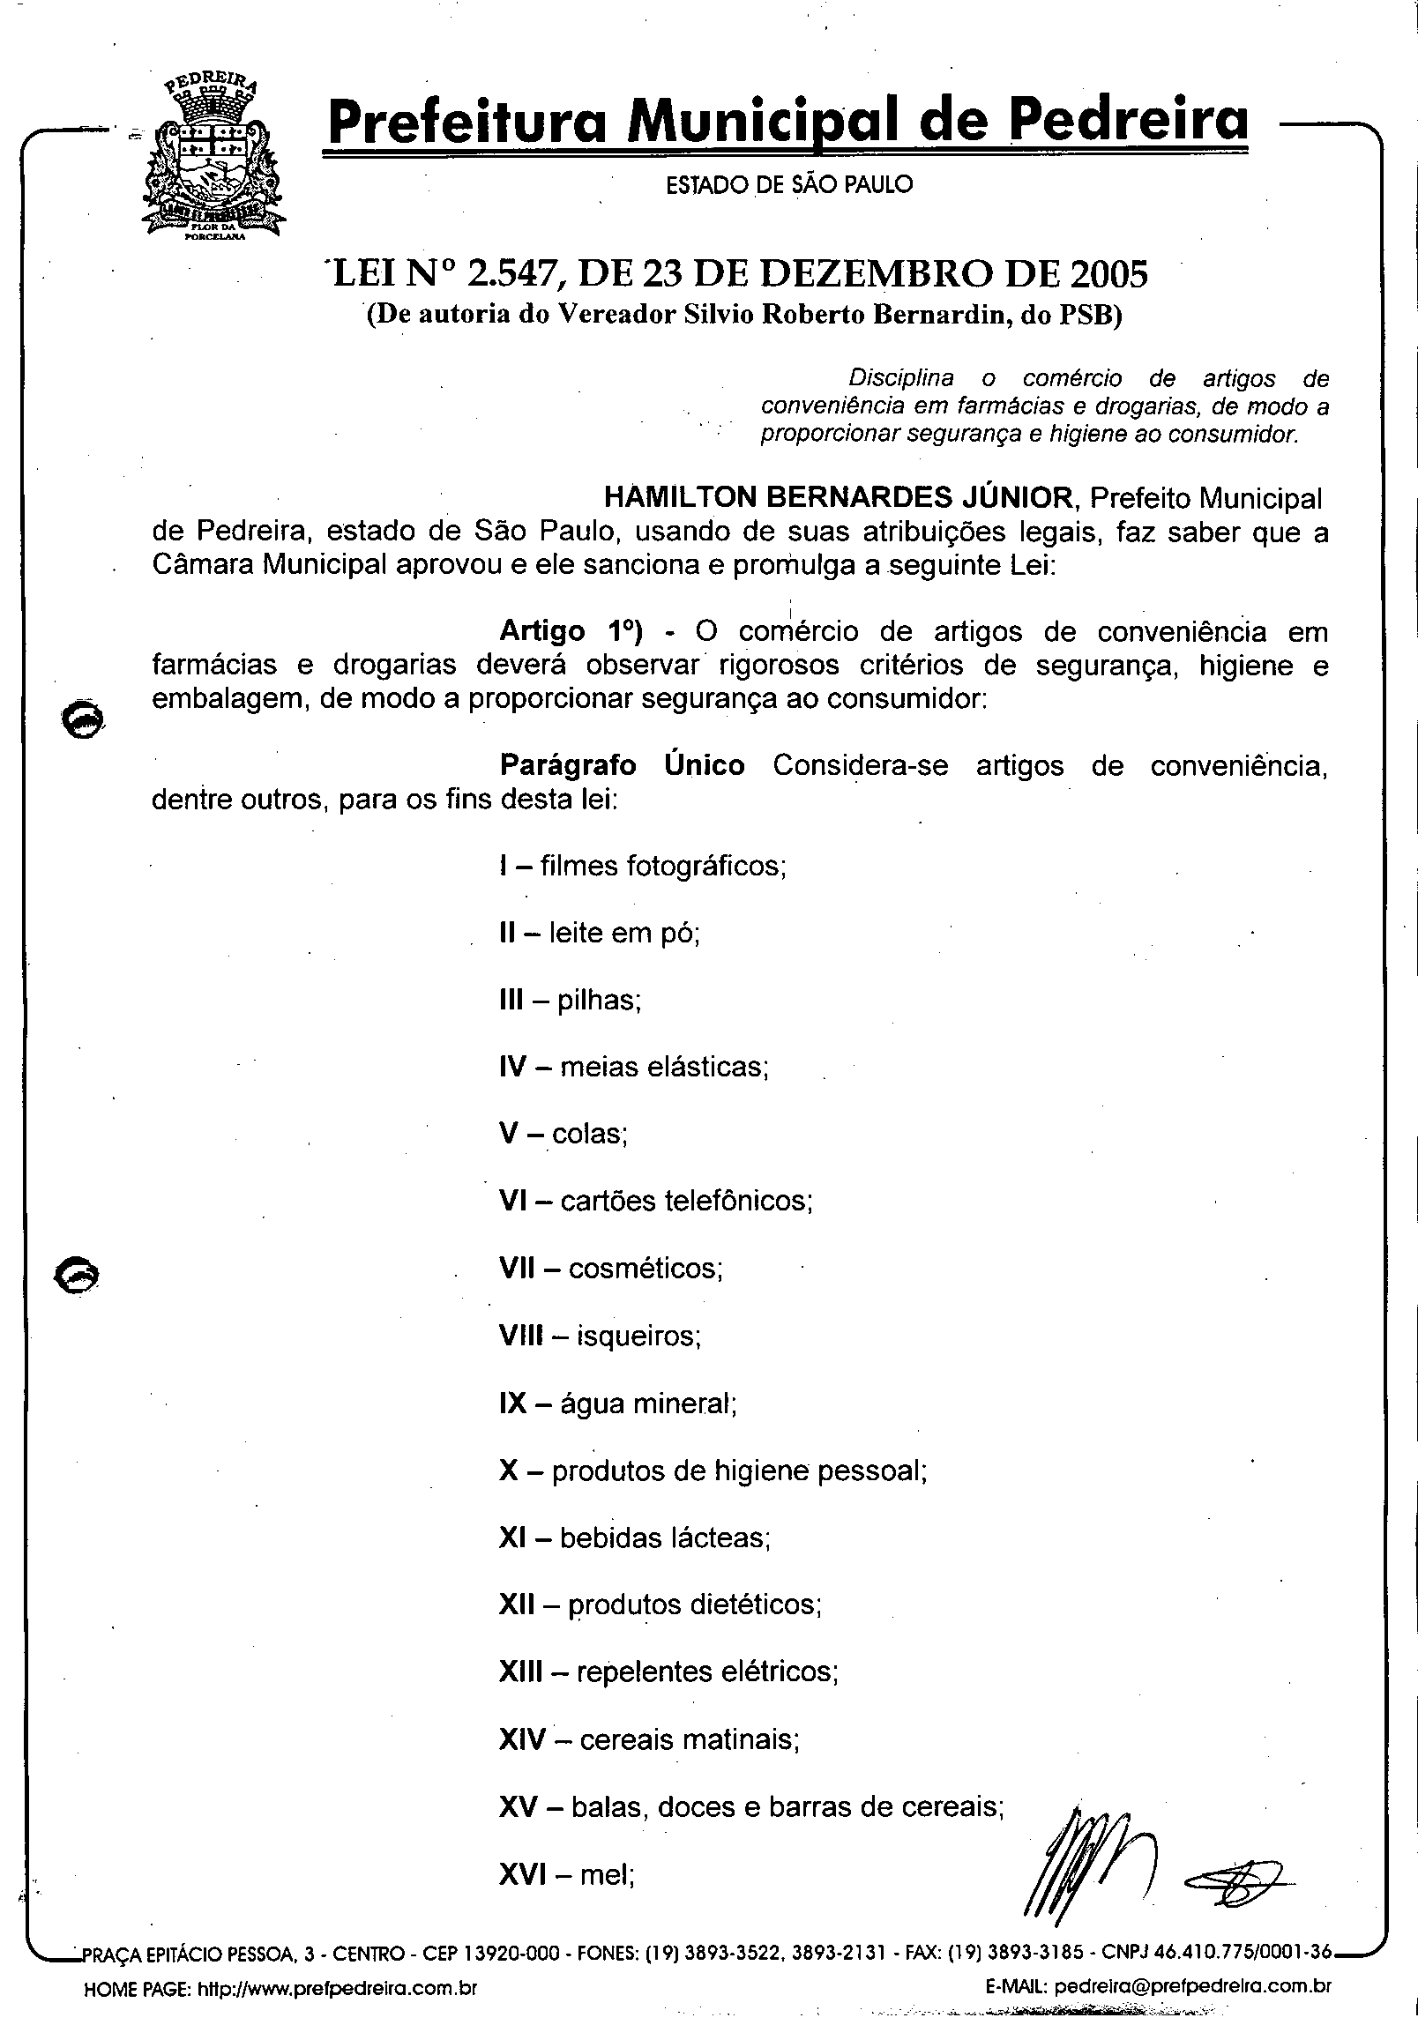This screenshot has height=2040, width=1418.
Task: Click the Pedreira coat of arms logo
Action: (x=213, y=158)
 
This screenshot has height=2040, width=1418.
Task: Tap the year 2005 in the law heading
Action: (x=1108, y=274)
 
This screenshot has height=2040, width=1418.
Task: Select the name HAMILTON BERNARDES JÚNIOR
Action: (x=839, y=497)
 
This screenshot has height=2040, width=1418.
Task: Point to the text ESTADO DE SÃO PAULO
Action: (x=789, y=185)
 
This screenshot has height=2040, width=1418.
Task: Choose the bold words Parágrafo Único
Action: (x=622, y=764)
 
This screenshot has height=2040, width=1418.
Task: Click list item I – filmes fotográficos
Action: (x=643, y=866)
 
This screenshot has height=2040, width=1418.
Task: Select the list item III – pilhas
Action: (x=571, y=1000)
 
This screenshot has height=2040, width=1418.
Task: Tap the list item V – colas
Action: (x=563, y=1134)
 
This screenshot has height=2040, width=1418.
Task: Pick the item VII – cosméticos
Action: (x=611, y=1269)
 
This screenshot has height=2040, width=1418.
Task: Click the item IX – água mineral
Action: (x=618, y=1403)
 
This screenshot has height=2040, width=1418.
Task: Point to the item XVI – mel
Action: (x=567, y=1874)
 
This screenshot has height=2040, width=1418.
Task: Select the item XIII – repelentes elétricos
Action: (x=668, y=1672)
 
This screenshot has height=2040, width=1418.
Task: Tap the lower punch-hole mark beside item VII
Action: (x=77, y=1277)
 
